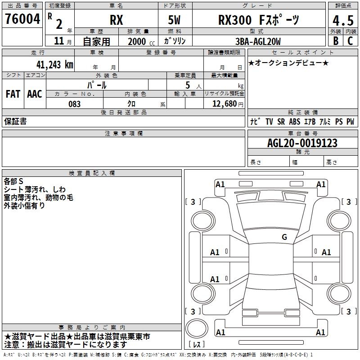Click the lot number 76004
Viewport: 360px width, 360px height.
click(22, 19)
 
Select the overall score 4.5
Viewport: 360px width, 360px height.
click(343, 20)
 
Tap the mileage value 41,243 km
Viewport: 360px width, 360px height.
click(55, 65)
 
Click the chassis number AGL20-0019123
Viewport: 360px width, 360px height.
click(302, 143)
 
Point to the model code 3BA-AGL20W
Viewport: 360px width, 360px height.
click(258, 41)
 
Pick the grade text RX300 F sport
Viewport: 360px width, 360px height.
click(259, 20)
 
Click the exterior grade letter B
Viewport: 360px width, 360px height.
click(336, 41)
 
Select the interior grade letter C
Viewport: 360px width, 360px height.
click(350, 41)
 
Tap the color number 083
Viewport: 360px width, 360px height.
click(74, 104)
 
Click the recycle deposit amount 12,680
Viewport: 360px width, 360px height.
click(225, 104)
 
